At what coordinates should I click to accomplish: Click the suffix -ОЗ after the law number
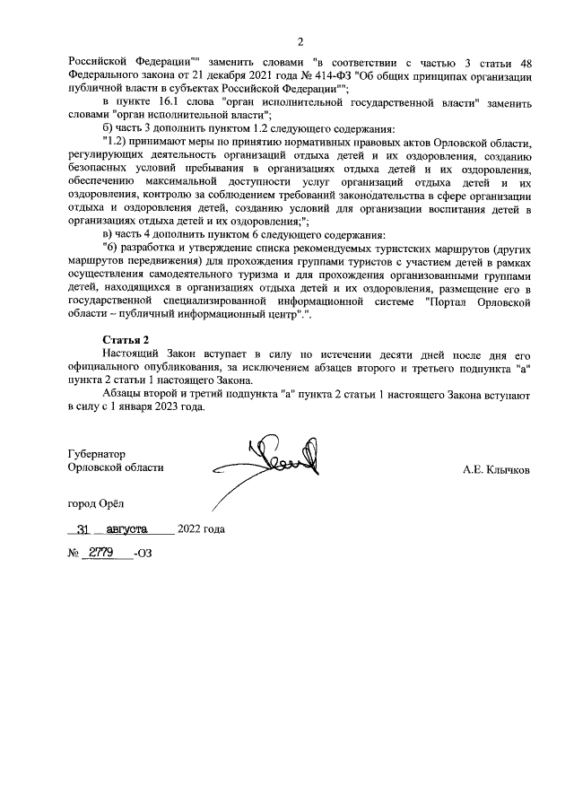pyautogui.click(x=142, y=554)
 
